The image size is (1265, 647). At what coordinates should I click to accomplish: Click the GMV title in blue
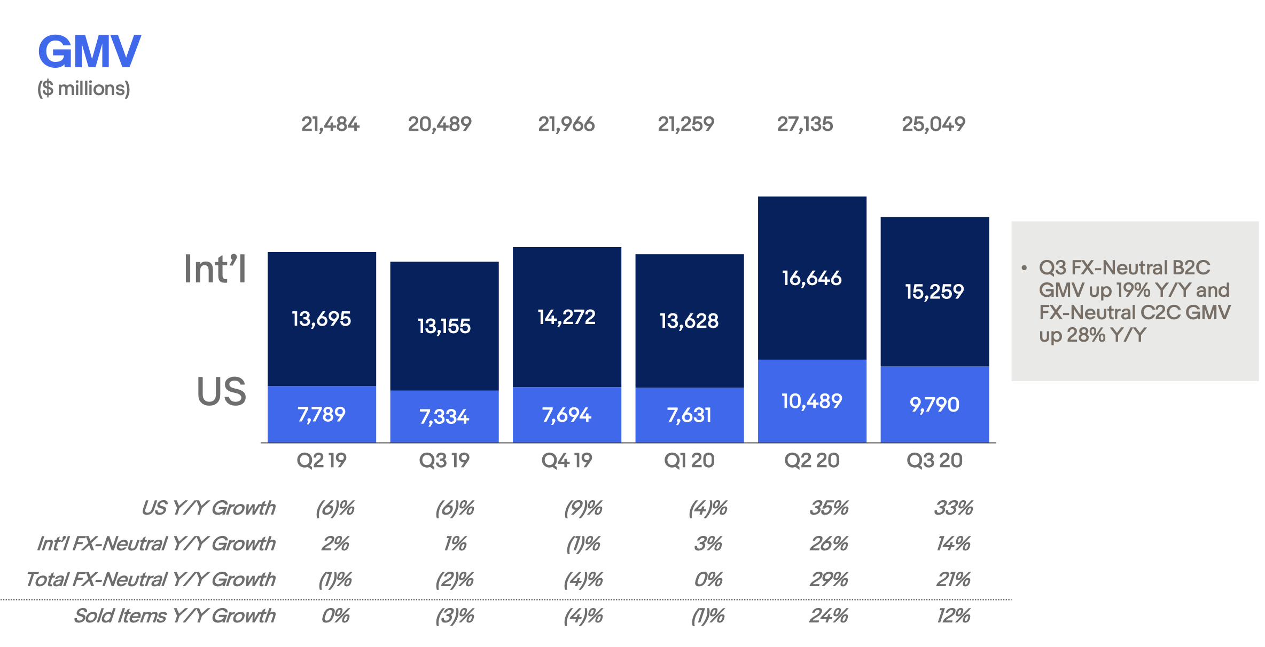pyautogui.click(x=89, y=52)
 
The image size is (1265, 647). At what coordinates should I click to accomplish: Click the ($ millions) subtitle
pyautogui.click(x=83, y=89)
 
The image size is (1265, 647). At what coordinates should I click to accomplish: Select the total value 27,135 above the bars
pyautogui.click(x=805, y=124)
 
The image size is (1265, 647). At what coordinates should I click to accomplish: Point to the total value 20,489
pyautogui.click(x=439, y=124)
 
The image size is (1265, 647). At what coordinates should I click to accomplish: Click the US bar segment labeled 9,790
pyautogui.click(x=934, y=405)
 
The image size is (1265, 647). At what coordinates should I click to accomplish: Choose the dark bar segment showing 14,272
pyautogui.click(x=566, y=317)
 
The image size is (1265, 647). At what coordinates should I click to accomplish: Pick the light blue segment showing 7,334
pyautogui.click(x=444, y=417)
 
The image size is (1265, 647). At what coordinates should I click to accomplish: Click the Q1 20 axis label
pyautogui.click(x=689, y=460)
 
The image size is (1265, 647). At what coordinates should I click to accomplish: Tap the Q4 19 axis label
pyautogui.click(x=566, y=460)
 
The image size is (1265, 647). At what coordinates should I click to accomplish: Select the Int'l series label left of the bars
pyautogui.click(x=215, y=269)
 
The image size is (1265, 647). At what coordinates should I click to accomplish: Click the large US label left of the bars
pyautogui.click(x=221, y=391)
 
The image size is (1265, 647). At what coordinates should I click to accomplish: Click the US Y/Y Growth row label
pyautogui.click(x=208, y=508)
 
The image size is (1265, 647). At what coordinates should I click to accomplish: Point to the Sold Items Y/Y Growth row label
pyautogui.click(x=174, y=616)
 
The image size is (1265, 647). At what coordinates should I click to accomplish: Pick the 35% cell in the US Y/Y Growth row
pyautogui.click(x=828, y=508)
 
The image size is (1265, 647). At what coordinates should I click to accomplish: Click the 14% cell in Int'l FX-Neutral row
pyautogui.click(x=952, y=543)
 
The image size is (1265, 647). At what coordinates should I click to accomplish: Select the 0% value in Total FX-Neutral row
pyautogui.click(x=708, y=579)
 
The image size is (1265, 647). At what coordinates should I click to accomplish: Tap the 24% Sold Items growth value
pyautogui.click(x=828, y=616)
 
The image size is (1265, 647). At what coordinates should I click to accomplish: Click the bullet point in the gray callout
pyautogui.click(x=1024, y=267)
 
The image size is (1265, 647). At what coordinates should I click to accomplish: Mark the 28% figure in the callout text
pyautogui.click(x=1086, y=335)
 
